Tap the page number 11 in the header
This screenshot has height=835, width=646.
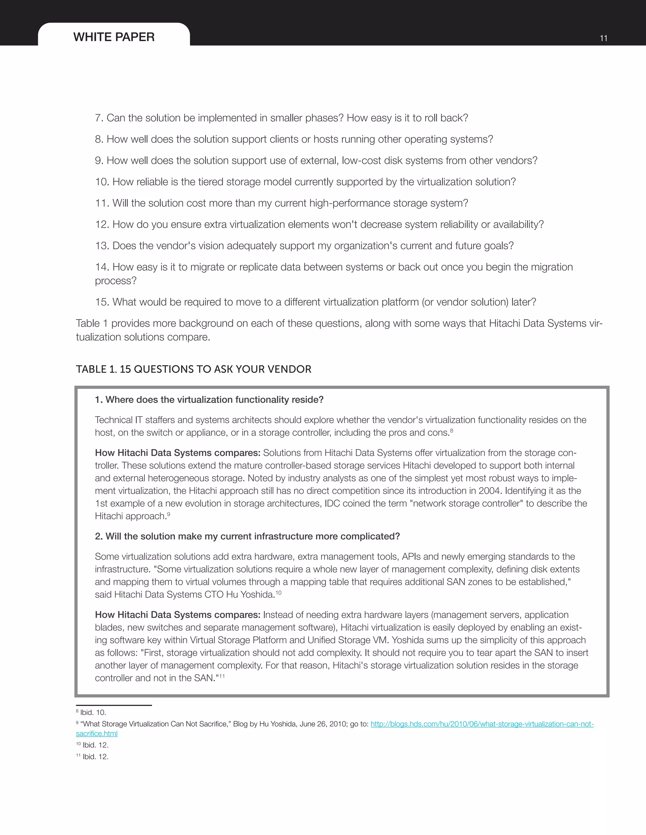click(603, 38)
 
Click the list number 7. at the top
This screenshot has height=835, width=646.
click(99, 118)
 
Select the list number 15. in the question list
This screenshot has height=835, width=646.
click(102, 302)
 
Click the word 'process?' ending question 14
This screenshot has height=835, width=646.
click(115, 281)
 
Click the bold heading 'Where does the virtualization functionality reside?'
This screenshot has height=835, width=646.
click(214, 400)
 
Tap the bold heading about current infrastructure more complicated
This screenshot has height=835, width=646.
click(253, 536)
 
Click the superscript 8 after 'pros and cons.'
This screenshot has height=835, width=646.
click(452, 430)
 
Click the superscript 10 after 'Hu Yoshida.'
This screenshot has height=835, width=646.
click(279, 593)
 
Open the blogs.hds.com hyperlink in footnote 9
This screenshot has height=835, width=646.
click(482, 724)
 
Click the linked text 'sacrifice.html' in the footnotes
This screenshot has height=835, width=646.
click(97, 734)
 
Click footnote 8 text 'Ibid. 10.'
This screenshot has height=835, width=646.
click(93, 713)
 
